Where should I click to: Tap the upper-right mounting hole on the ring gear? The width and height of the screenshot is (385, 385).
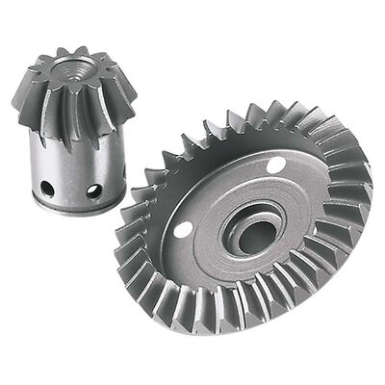[x=276, y=167]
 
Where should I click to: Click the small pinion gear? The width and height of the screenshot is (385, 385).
[x=75, y=125]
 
